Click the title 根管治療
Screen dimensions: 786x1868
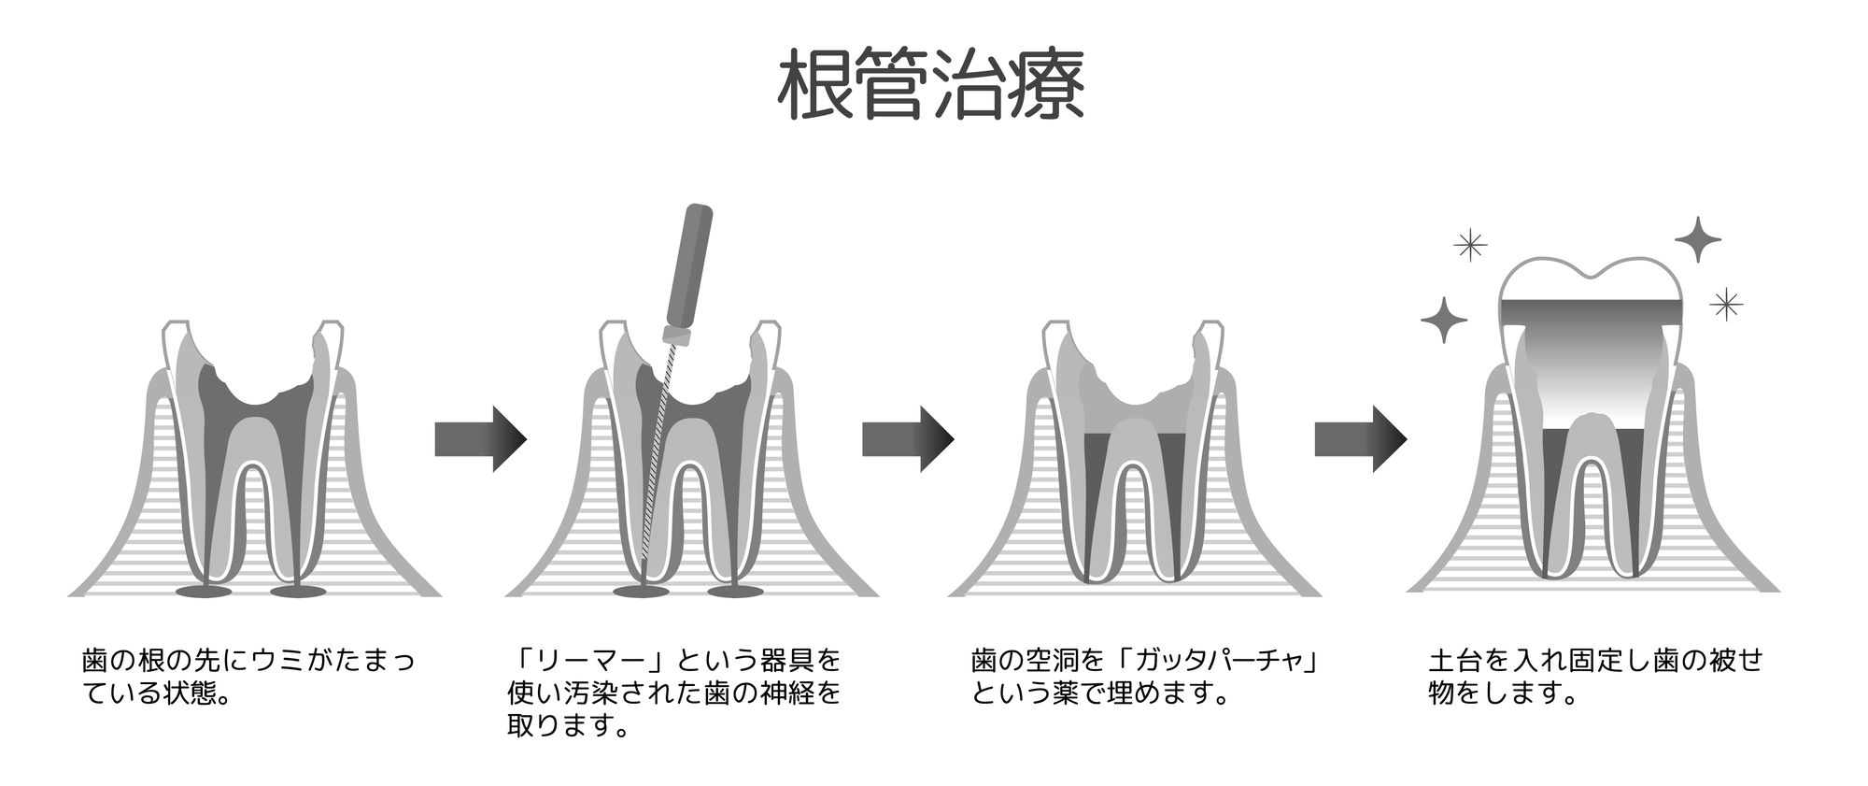click(x=931, y=85)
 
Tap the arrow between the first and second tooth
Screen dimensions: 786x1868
click(x=480, y=439)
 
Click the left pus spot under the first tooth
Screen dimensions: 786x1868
click(x=204, y=592)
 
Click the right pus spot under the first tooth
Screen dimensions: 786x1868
click(x=298, y=592)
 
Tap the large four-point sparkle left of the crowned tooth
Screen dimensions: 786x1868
click(x=1444, y=320)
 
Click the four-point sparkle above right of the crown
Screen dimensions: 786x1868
click(x=1698, y=240)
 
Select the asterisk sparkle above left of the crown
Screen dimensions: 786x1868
click(x=1470, y=245)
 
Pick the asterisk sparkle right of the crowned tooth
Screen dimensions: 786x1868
click(x=1726, y=304)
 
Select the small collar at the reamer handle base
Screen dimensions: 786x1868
click(x=676, y=334)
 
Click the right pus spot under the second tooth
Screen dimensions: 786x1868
click(x=735, y=592)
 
